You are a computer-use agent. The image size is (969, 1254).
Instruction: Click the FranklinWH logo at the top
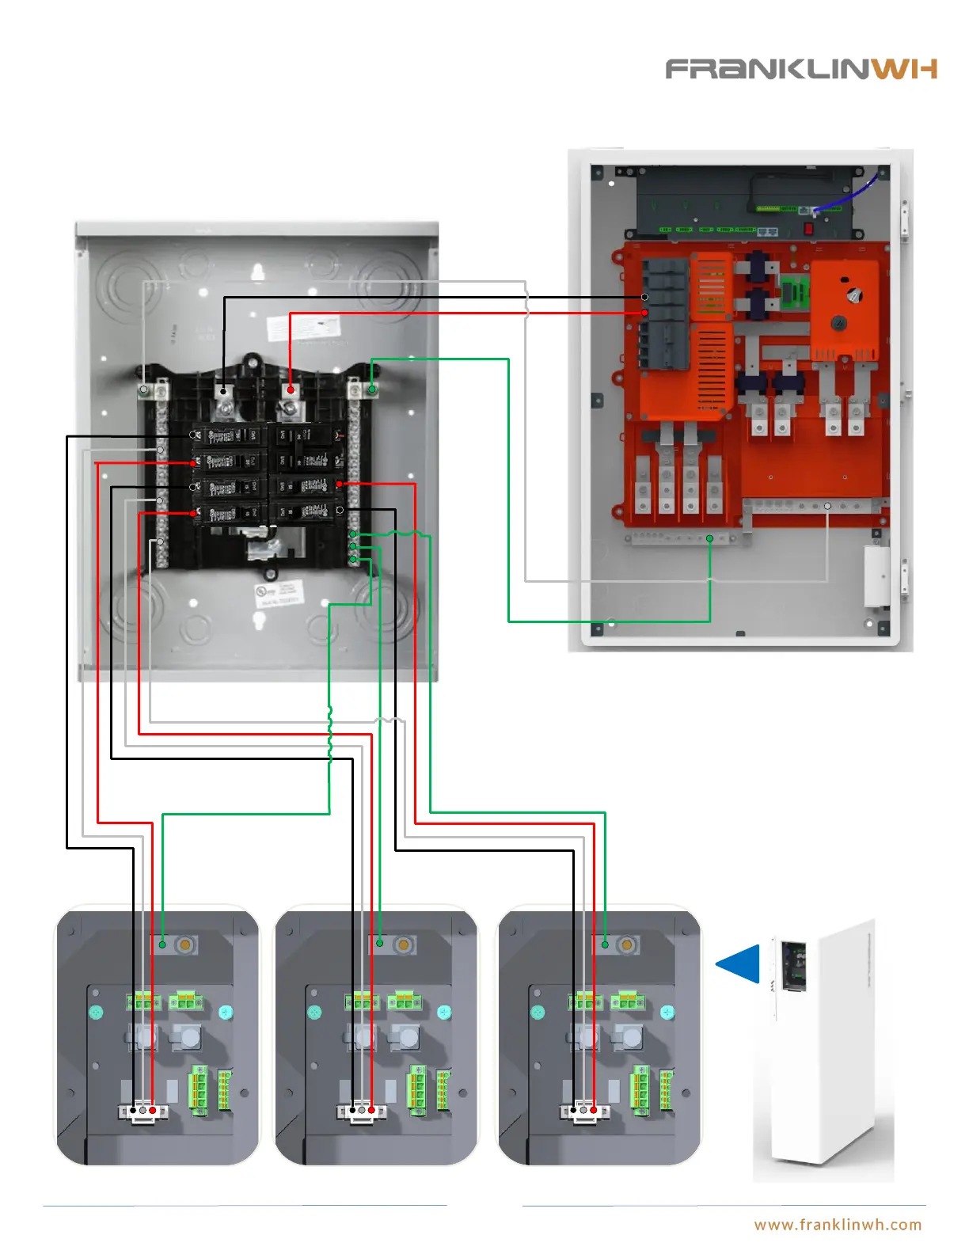pos(800,69)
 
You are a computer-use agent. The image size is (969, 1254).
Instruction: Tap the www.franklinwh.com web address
pos(838,1225)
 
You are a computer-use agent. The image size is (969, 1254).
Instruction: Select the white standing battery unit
pos(823,1053)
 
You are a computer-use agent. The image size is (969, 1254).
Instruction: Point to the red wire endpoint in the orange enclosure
pos(644,313)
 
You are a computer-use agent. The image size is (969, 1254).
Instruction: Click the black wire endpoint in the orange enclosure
pos(644,297)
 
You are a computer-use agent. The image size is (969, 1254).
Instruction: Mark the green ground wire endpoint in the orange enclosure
pos(710,538)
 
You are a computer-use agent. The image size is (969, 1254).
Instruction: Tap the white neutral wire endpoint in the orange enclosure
pos(827,506)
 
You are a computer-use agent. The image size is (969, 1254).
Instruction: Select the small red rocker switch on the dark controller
pos(808,229)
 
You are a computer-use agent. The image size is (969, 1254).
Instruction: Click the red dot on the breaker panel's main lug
pos(291,389)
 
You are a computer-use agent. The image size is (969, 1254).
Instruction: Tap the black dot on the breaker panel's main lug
pos(224,389)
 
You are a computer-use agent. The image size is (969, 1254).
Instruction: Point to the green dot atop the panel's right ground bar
pos(372,389)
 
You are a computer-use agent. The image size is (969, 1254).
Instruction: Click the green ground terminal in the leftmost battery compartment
pos(162,944)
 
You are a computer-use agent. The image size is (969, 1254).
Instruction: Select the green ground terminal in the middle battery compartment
pos(380,943)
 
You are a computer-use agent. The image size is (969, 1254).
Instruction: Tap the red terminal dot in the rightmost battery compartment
pos(593,1111)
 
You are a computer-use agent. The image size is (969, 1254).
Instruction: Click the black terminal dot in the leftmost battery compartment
pos(133,1111)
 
